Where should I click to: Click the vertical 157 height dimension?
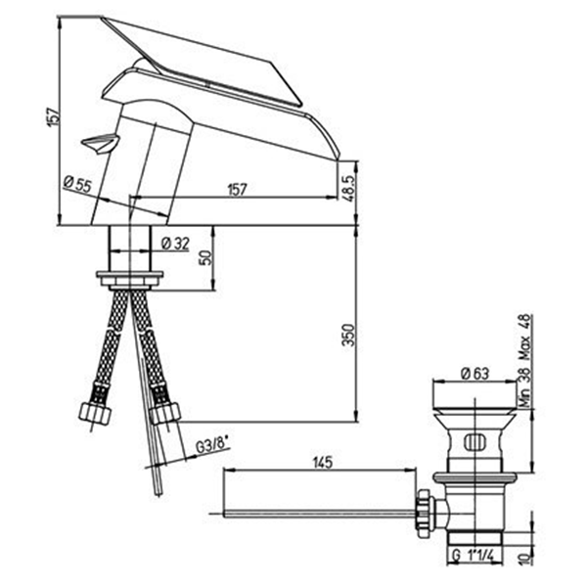click(x=53, y=116)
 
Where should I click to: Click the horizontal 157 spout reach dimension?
click(x=238, y=190)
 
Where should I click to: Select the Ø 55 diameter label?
click(x=77, y=184)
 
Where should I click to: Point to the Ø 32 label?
click(x=175, y=244)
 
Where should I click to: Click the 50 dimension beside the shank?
click(x=205, y=257)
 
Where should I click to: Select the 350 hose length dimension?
click(x=348, y=336)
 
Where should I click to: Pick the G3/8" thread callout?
click(x=211, y=446)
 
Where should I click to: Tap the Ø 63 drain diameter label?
click(x=474, y=374)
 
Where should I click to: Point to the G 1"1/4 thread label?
click(x=473, y=555)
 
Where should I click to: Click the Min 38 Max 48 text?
click(x=525, y=360)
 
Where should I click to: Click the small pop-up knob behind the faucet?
click(x=100, y=144)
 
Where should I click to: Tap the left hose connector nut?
click(x=95, y=414)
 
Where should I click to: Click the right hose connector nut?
click(x=164, y=413)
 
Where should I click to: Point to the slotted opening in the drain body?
click(x=474, y=442)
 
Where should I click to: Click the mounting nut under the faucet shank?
click(x=129, y=280)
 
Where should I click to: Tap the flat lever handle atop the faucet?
click(x=203, y=61)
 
